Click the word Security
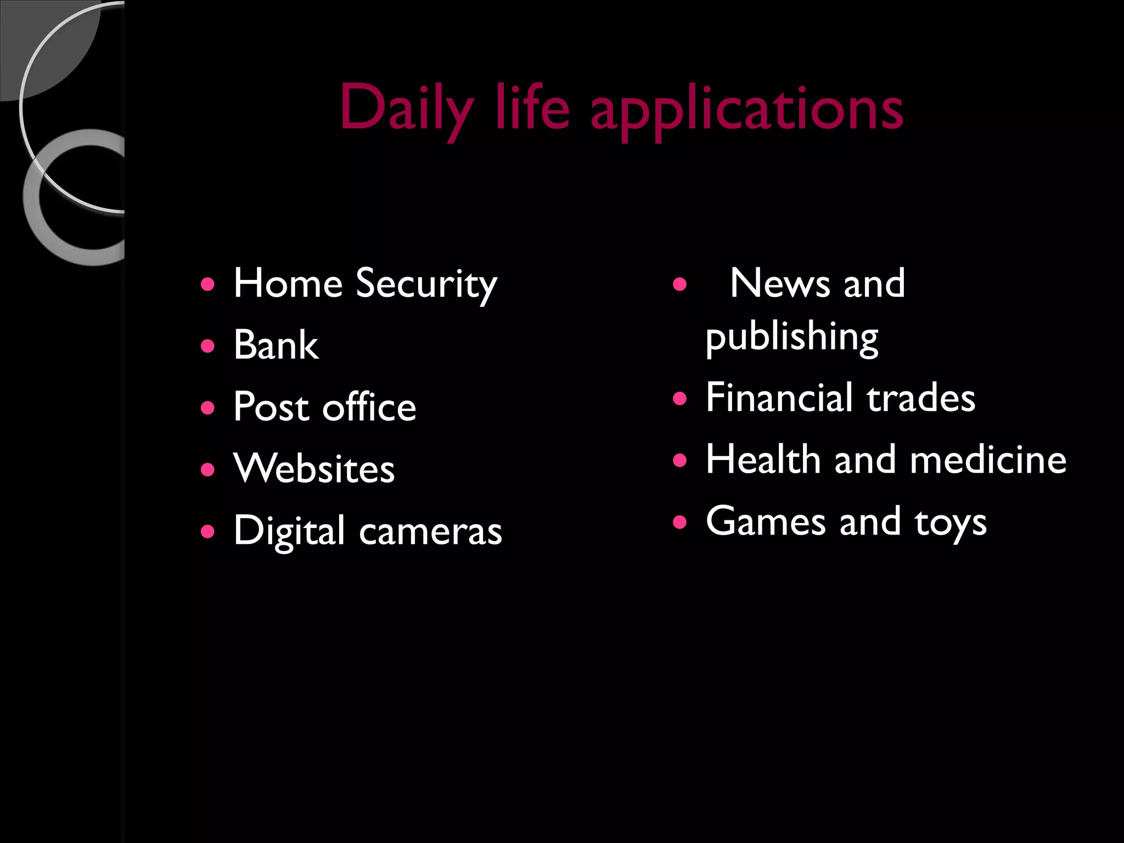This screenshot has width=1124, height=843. pos(426,285)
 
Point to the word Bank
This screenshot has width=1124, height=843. pos(276,345)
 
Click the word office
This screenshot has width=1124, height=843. pos(369,407)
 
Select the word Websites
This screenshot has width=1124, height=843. pos(313,469)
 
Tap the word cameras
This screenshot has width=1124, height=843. pos(430,531)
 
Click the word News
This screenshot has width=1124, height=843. pos(780,284)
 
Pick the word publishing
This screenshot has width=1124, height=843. pos(791,337)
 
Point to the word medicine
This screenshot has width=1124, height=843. pos(988,459)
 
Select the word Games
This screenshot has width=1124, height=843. pos(766,521)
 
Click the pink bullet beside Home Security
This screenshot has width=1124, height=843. pos(207,284)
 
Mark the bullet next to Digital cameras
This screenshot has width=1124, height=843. pos(207,531)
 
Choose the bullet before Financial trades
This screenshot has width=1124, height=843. pos(679,398)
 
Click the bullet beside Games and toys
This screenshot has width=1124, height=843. pos(679,521)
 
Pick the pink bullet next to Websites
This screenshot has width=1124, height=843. pos(207,469)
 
